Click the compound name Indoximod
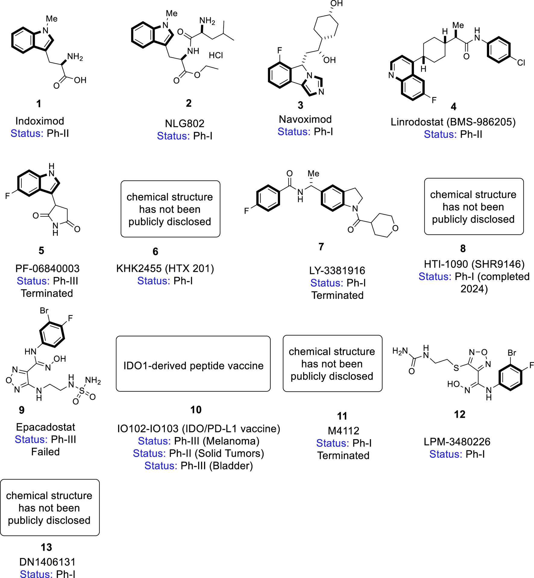[x=40, y=121]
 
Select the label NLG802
[x=184, y=124]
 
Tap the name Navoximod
[x=305, y=119]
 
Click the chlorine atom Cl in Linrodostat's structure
[x=521, y=63]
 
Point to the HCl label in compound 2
[x=216, y=55]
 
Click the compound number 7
[x=321, y=247]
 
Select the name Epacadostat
[x=46, y=427]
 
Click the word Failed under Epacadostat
[x=46, y=452]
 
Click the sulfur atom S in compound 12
[x=456, y=368]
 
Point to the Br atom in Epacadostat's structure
[x=44, y=311]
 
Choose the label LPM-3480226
[x=457, y=442]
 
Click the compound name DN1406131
[x=47, y=562]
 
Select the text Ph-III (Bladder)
[x=216, y=466]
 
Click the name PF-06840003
[x=47, y=269]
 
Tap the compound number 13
[x=46, y=547]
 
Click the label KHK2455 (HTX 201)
[x=165, y=269]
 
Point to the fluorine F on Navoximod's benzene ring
[x=280, y=50]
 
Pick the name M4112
[x=344, y=431]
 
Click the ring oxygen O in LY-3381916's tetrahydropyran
[x=395, y=228]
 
